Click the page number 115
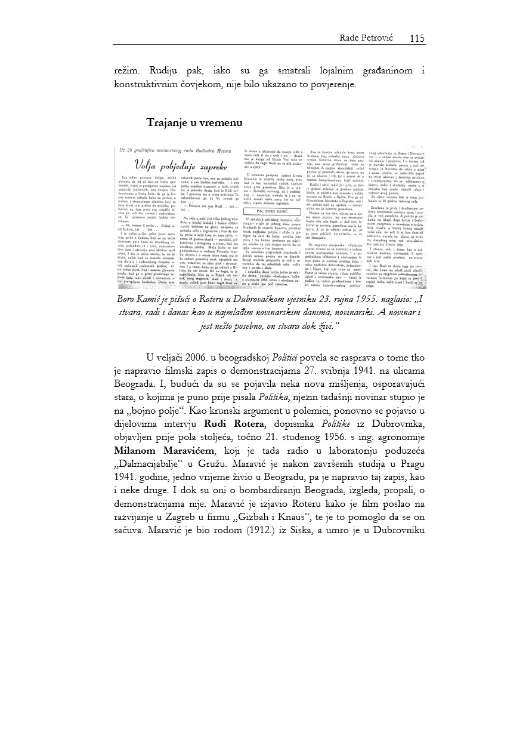click(x=417, y=38)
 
